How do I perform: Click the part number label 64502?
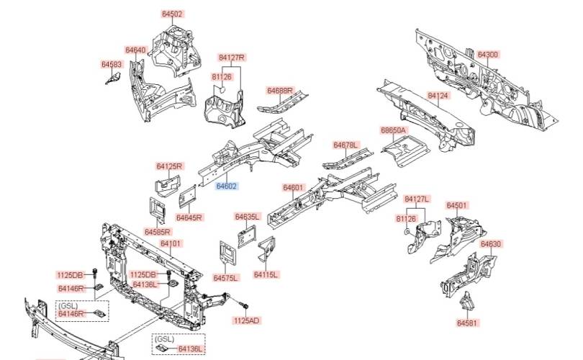point(172,14)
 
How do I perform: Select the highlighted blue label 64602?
point(227,186)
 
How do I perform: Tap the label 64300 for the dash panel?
point(487,55)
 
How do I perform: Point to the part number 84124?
point(438,95)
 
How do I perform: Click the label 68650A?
point(394,130)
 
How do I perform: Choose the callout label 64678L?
point(345,145)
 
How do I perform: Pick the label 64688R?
point(280,91)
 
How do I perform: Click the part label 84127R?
point(232,57)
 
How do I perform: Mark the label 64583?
point(112,64)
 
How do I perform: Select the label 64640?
point(135,50)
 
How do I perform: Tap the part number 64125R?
point(170,166)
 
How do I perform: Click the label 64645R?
point(189,217)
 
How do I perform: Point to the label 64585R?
point(157,232)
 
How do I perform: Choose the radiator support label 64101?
point(171,244)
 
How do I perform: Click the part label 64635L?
point(247,216)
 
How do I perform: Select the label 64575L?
point(225,278)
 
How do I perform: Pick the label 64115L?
point(266,274)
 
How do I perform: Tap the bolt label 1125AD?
point(247,320)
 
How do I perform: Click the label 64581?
point(467,323)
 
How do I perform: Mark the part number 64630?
point(491,243)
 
